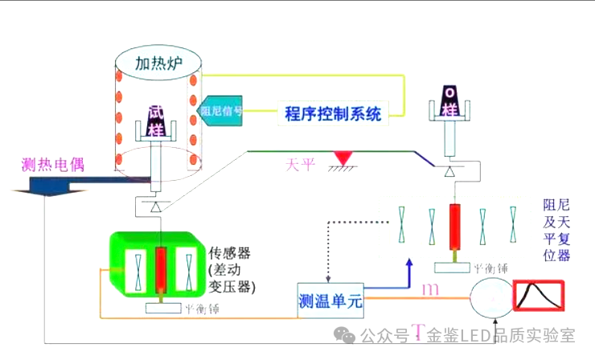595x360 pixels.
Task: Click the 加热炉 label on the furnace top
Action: [158, 62]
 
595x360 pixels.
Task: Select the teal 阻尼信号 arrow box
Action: [220, 111]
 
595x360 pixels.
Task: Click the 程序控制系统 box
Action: [333, 113]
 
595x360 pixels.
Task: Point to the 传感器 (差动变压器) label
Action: [232, 270]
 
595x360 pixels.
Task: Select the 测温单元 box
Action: [330, 301]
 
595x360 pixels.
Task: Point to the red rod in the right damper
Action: [457, 224]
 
